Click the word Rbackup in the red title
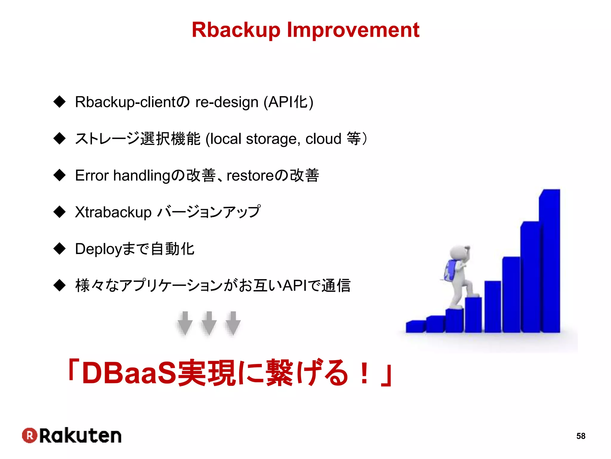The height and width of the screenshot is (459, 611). click(x=236, y=30)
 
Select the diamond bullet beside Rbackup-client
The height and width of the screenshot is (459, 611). click(x=60, y=102)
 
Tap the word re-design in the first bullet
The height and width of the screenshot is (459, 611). click(x=227, y=102)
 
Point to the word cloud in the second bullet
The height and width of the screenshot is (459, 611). click(x=323, y=139)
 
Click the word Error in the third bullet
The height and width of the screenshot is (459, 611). click(x=92, y=175)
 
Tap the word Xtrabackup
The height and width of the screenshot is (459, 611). click(x=113, y=212)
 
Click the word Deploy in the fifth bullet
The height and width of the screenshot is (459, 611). click(x=99, y=249)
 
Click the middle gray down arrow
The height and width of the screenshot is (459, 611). click(x=209, y=323)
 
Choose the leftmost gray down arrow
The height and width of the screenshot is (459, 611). click(x=185, y=323)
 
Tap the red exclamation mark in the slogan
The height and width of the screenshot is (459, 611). click(x=364, y=373)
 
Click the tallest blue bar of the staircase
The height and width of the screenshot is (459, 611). click(x=551, y=263)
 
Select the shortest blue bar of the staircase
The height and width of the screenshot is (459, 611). click(x=416, y=327)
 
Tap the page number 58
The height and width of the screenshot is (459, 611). click(x=581, y=436)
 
